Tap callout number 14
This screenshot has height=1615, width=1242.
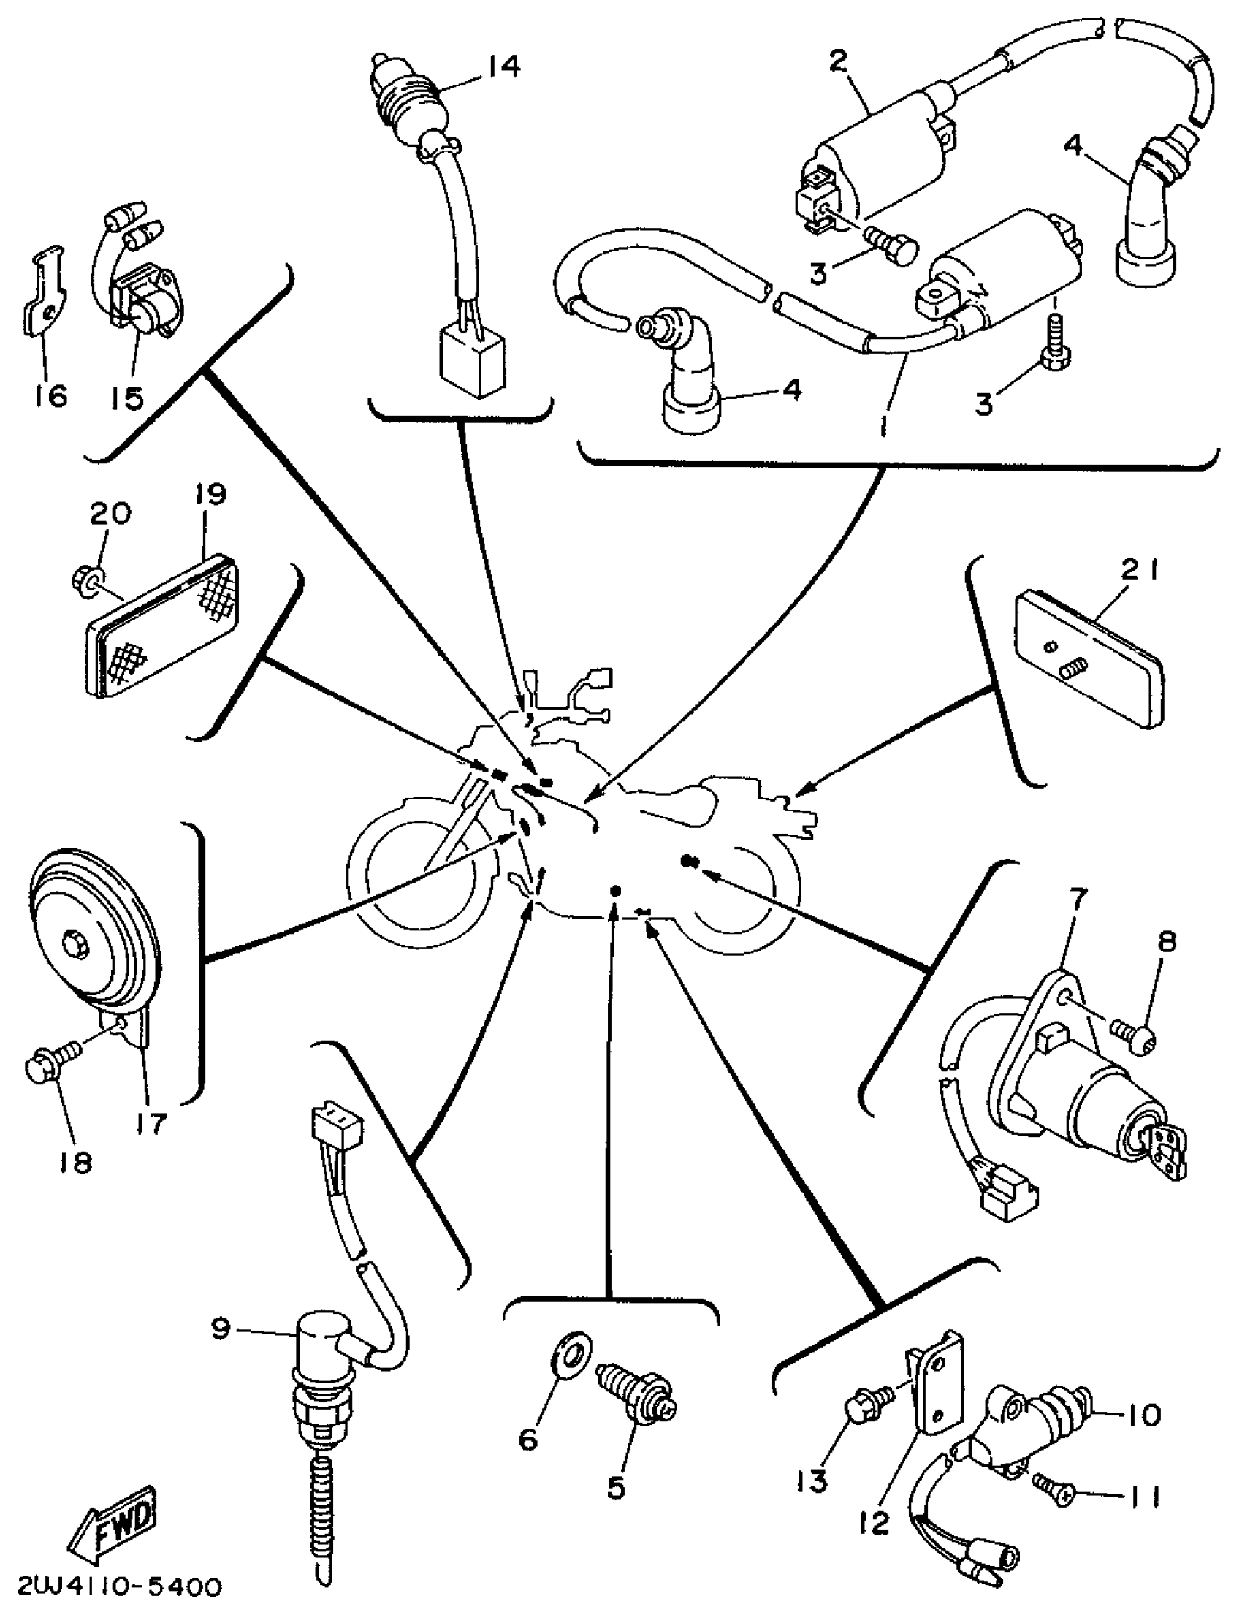pyautogui.click(x=503, y=66)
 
